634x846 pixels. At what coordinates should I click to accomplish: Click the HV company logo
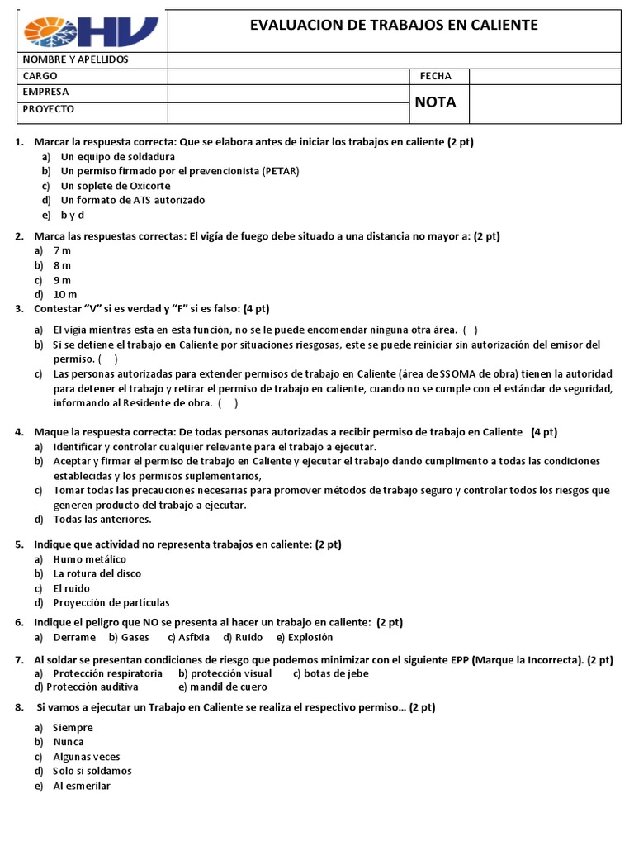pos(91,31)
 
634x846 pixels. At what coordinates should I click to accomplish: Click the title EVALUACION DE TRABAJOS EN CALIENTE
pos(394,26)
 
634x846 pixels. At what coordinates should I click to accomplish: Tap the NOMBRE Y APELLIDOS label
pos(75,59)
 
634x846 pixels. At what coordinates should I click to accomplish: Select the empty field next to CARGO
pos(288,76)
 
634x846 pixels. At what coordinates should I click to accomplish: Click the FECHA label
pos(435,76)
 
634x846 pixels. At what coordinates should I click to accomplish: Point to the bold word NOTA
pos(435,102)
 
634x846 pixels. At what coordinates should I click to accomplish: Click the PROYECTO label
pos(48,108)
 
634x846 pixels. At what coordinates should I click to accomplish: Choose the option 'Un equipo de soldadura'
pos(117,156)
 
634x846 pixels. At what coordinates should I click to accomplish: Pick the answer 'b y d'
pos(73,215)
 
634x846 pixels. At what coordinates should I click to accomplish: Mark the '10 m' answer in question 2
pos(65,294)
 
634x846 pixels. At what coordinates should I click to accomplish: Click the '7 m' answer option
pos(62,250)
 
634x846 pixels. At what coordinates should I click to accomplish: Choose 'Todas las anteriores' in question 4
pos(102,520)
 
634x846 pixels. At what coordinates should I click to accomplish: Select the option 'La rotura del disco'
pos(97,573)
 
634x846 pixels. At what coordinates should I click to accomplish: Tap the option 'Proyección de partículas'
pos(111,603)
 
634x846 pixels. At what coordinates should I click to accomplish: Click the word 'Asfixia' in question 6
pos(193,638)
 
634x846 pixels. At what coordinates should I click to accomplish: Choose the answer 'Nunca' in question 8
pos(68,742)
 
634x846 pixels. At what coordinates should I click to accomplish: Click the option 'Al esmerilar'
pos(81,786)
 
